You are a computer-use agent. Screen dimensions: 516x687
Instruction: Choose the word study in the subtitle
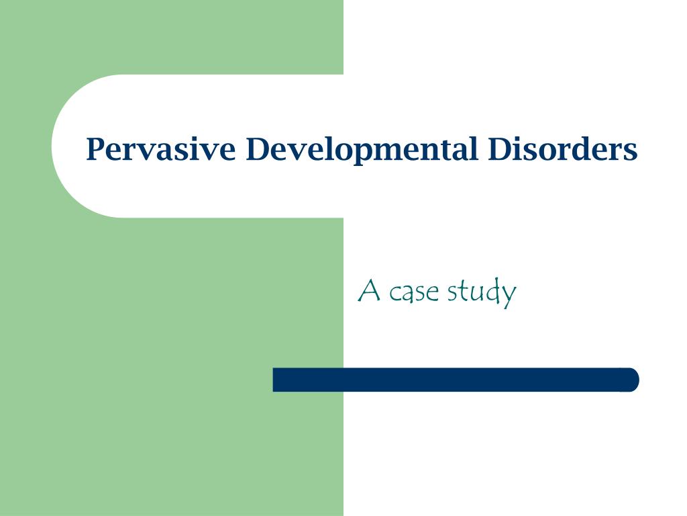click(x=482, y=293)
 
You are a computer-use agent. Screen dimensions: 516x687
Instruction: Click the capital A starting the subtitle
click(x=370, y=291)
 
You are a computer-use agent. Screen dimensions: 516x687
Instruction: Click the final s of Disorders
click(x=631, y=151)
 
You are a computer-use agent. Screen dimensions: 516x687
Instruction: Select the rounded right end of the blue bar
click(x=631, y=380)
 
